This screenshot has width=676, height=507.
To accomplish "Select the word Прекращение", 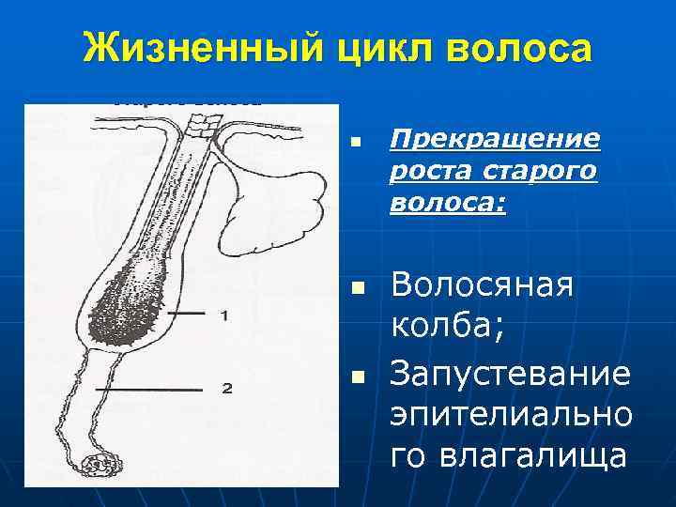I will pos(495,140).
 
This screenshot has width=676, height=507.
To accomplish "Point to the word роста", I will pos(428,173).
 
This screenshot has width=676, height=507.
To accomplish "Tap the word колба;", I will pos(447,330).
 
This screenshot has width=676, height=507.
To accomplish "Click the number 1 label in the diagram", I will pos(223,316).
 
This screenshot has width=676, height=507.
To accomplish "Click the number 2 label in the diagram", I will pos(226,387).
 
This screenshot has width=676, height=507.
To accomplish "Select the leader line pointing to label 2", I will pos(150,386).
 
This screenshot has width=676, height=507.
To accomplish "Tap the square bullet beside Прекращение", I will pos(355,144).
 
